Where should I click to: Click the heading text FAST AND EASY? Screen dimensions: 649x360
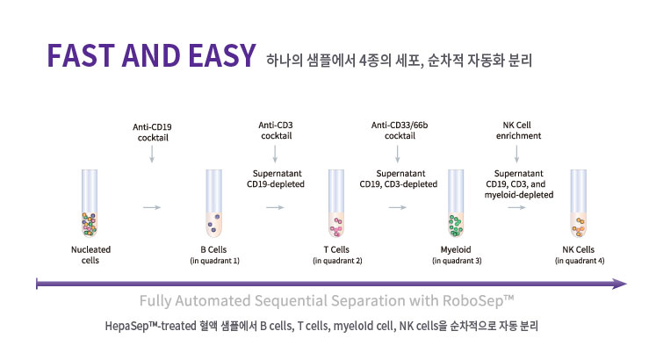(x=151, y=55)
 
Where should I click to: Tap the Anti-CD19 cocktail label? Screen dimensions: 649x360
(x=152, y=133)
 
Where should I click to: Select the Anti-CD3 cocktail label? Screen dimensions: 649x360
(x=276, y=130)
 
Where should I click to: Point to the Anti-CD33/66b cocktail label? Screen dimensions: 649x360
(x=400, y=130)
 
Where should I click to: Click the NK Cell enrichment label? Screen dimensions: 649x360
(x=518, y=130)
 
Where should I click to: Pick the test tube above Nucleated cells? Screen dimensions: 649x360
(x=90, y=203)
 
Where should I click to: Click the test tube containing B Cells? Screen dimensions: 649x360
(x=213, y=203)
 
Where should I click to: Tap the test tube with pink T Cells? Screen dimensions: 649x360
(x=336, y=203)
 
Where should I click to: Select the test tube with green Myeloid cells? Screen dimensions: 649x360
(x=456, y=203)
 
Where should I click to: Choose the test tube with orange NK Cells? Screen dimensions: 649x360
(x=578, y=203)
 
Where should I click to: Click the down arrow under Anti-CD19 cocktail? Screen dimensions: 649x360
(x=152, y=154)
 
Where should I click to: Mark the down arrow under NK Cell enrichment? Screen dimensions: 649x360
(x=516, y=154)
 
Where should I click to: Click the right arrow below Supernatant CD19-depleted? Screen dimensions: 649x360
(x=275, y=207)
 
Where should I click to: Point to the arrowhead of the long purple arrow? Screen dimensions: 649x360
(x=620, y=284)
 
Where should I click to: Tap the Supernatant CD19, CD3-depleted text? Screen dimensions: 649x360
(x=399, y=179)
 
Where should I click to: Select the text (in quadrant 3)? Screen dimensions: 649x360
(x=457, y=261)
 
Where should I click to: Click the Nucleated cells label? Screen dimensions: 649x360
(x=90, y=255)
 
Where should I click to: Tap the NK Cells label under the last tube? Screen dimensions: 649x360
(x=578, y=249)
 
